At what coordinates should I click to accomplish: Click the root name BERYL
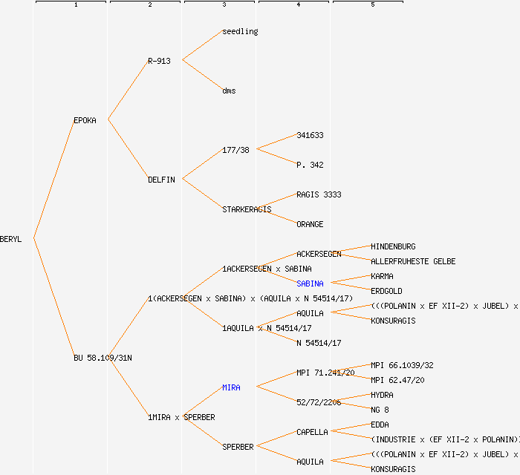tap(11, 239)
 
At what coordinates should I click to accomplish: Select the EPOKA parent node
tap(85, 120)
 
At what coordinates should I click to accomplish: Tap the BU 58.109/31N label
tap(103, 358)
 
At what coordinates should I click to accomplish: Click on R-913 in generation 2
tap(159, 61)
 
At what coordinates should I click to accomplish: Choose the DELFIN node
tap(161, 180)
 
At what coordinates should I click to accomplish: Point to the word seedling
tap(240, 31)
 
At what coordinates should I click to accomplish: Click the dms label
tap(229, 91)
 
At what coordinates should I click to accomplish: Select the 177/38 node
tap(235, 150)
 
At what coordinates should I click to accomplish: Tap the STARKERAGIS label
tap(247, 209)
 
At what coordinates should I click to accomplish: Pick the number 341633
tap(310, 135)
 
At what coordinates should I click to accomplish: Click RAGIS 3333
tap(319, 194)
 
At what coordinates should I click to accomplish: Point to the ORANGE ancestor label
tap(310, 224)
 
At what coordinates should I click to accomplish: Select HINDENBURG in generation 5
tap(393, 246)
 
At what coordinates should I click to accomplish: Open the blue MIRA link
tap(231, 387)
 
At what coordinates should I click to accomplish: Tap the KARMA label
tap(382, 276)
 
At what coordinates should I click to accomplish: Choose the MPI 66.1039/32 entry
tap(402, 365)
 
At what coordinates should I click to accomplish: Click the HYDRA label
tap(382, 395)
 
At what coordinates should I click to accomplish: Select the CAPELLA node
tap(312, 432)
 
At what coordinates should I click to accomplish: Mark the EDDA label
tap(380, 425)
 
